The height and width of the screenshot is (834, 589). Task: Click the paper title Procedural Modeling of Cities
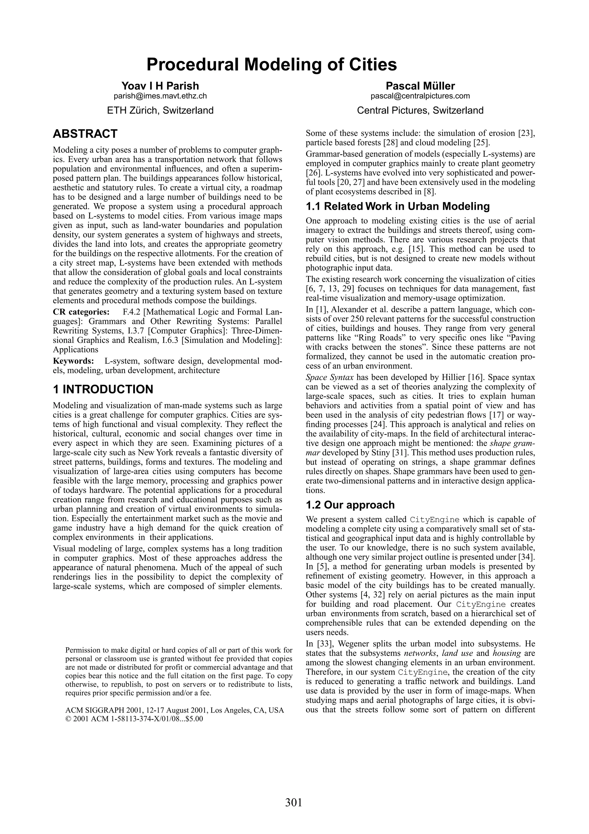(x=271, y=65)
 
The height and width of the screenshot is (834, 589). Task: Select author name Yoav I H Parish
(x=160, y=86)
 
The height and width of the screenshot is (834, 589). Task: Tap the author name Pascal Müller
(x=420, y=86)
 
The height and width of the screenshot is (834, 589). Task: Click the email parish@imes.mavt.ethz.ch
(x=160, y=96)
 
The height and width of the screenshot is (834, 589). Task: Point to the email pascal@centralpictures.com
(x=420, y=96)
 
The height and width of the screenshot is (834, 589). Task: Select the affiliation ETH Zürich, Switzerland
(x=160, y=110)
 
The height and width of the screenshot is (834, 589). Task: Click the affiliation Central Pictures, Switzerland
(x=420, y=110)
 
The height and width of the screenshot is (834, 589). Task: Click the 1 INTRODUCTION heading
(x=103, y=389)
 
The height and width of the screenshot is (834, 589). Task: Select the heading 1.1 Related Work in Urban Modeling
(x=397, y=206)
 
